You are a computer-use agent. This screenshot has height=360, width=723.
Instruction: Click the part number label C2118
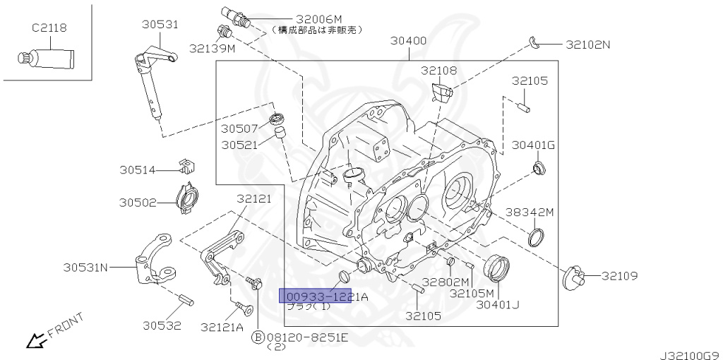[x=49, y=28]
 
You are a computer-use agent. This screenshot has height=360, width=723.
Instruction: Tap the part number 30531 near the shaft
[x=159, y=24]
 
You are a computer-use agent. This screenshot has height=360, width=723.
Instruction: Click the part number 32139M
[x=212, y=48]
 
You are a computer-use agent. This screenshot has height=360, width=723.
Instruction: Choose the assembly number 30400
[x=409, y=40]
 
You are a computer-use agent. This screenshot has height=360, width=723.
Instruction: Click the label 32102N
[x=587, y=44]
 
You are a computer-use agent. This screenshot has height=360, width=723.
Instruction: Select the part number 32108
[x=439, y=71]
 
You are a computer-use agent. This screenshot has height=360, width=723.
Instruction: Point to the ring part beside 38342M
[x=537, y=236]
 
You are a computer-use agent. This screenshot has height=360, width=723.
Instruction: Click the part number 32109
[x=619, y=275]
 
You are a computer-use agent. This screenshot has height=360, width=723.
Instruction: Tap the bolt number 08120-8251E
[x=307, y=337]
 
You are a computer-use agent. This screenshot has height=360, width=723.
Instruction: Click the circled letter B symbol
[x=258, y=337]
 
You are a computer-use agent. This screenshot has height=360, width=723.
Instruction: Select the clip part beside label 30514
[x=186, y=167]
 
